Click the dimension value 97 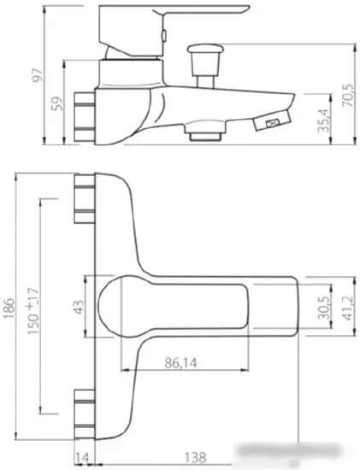(13, 79)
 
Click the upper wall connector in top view (86, 202)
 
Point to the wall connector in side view (85, 110)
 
